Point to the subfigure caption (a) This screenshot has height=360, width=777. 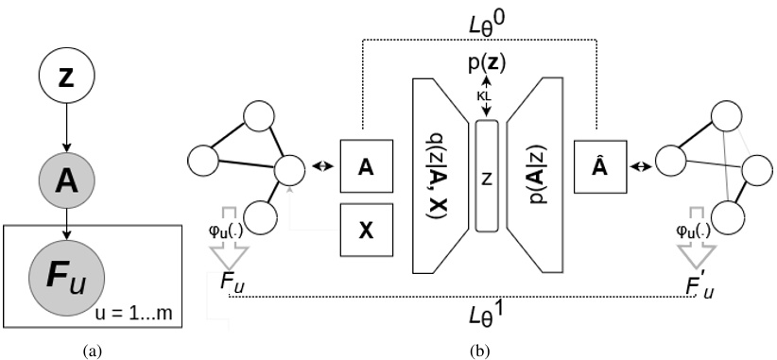click(92, 351)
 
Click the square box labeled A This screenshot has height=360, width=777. click(364, 166)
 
